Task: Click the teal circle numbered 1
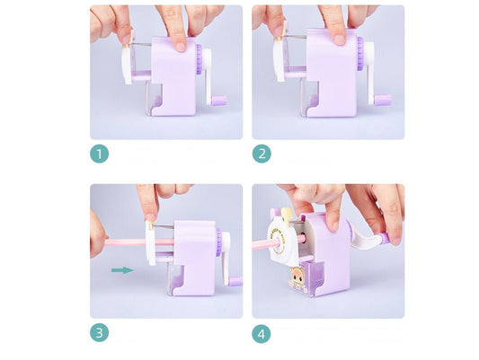100,154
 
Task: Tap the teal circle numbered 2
262,154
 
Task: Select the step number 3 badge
100,333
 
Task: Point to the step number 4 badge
262,333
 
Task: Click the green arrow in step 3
122,268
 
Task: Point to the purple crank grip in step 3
235,280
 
